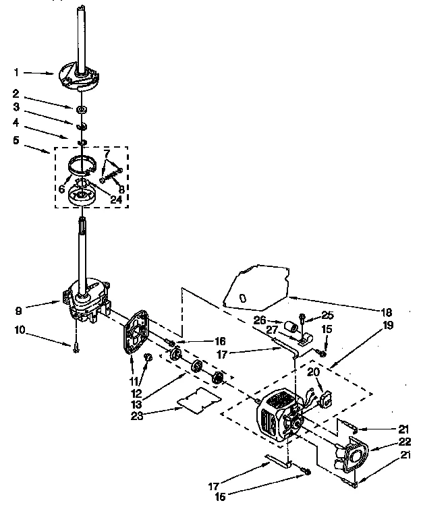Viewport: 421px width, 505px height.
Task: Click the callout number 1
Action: click(16, 71)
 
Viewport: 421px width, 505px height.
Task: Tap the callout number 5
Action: click(16, 142)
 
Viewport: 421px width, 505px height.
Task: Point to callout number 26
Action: click(260, 321)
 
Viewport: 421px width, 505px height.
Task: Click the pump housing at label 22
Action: click(351, 456)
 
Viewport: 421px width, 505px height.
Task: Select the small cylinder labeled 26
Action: click(292, 328)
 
